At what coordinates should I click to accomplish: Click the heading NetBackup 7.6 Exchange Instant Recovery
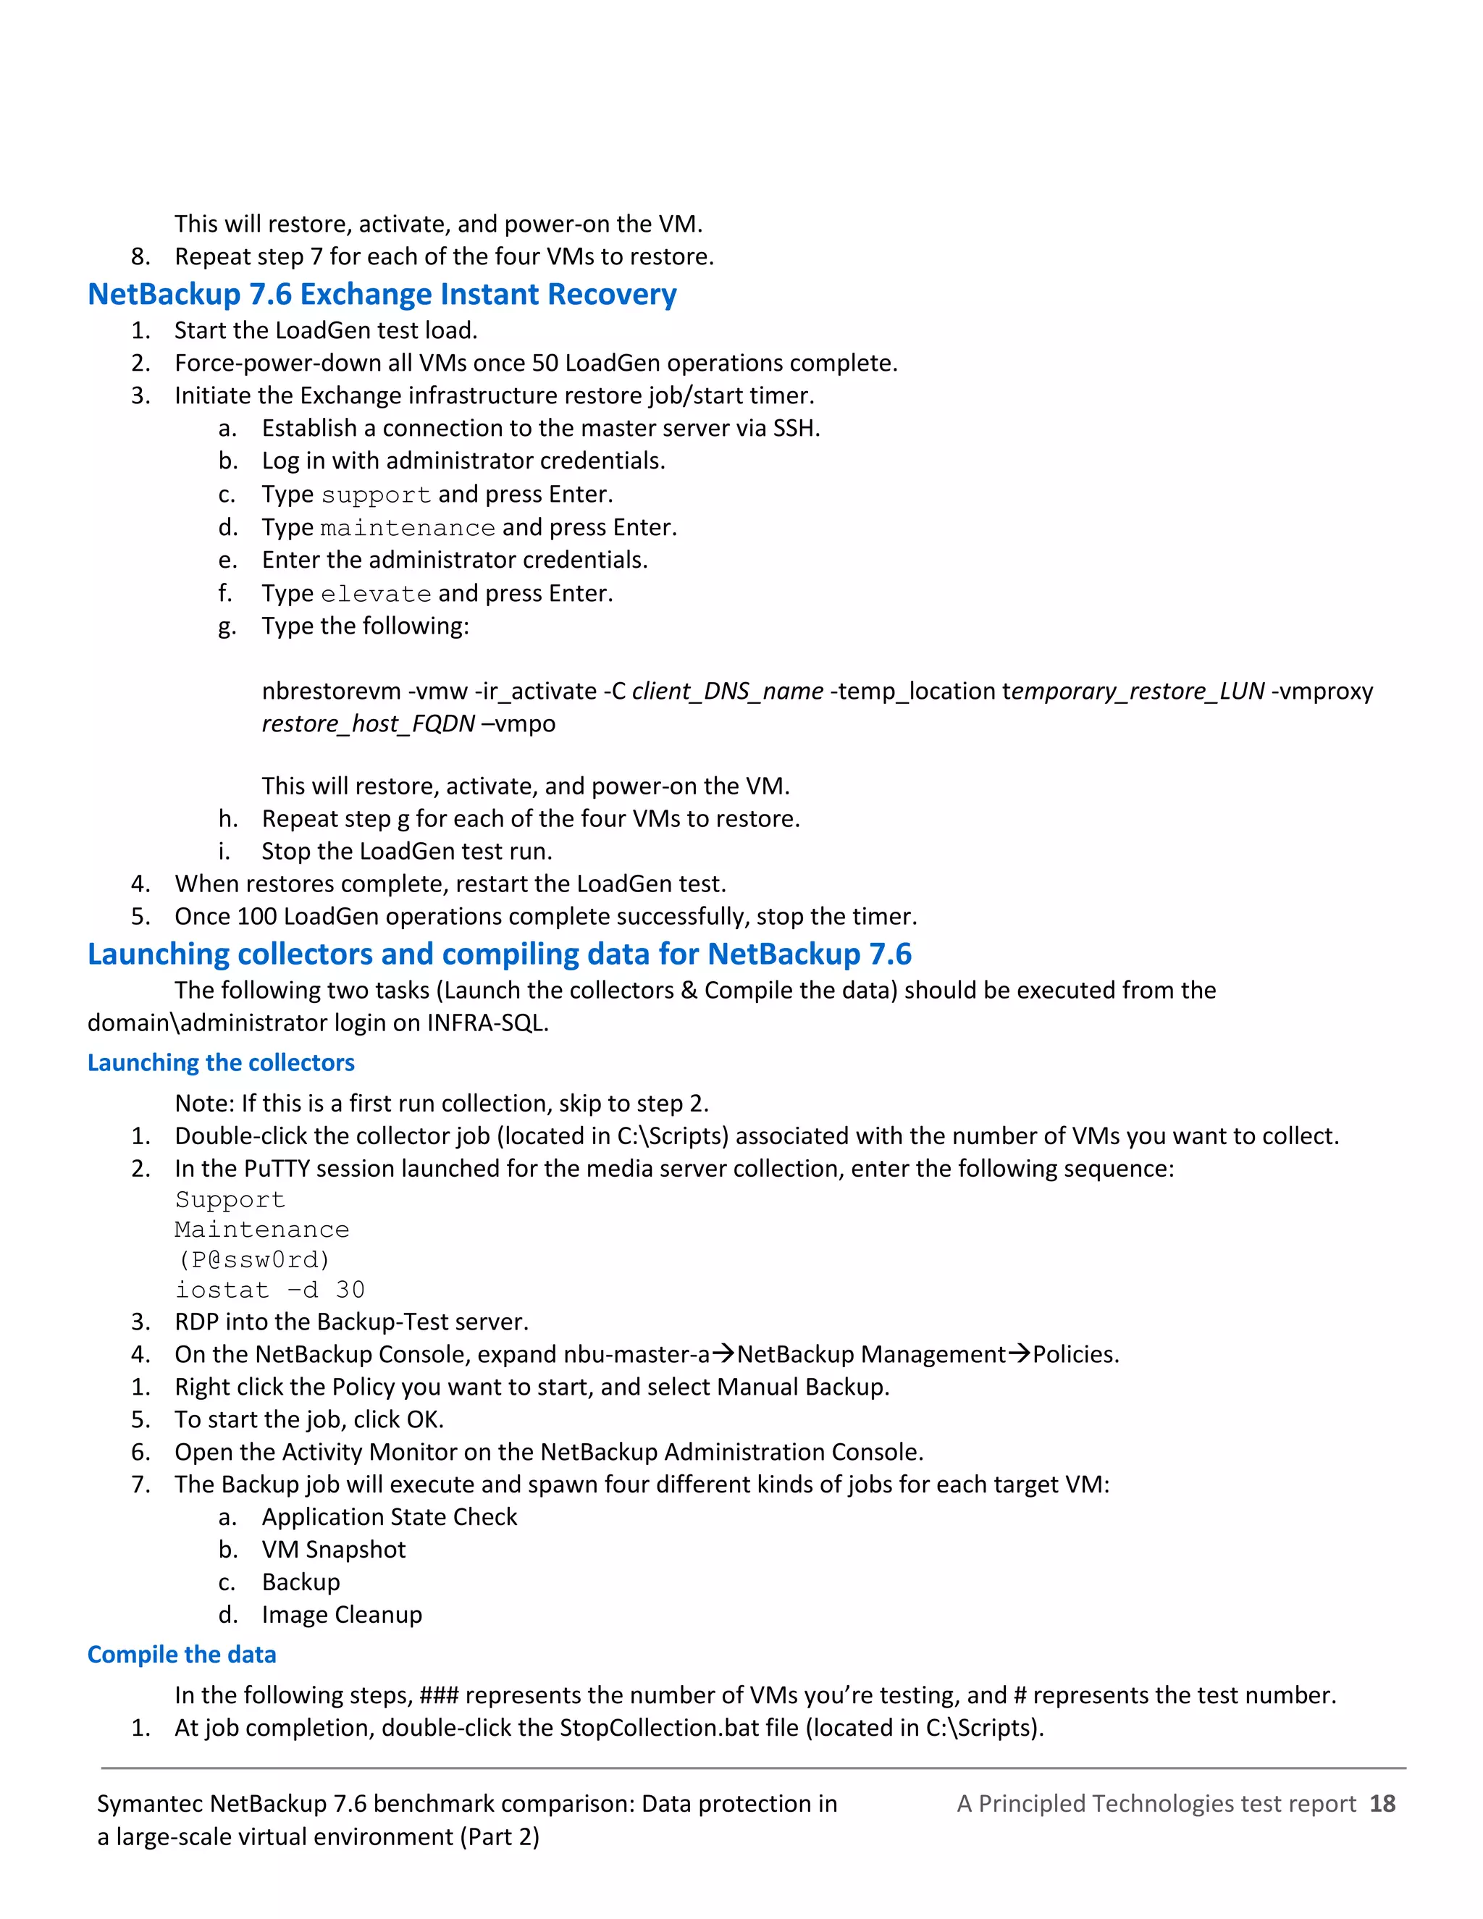[x=382, y=294]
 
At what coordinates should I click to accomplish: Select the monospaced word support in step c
[x=376, y=495]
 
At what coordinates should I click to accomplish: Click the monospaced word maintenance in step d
[x=408, y=528]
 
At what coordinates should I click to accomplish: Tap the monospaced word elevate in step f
[x=376, y=595]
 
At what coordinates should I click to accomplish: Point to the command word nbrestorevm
[x=331, y=692]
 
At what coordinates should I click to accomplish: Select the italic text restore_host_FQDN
[x=368, y=725]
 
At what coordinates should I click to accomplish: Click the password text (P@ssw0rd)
[x=253, y=1260]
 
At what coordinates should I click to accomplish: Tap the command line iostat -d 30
[x=269, y=1290]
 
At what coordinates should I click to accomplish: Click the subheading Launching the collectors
[x=221, y=1063]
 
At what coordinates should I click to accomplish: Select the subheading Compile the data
[x=182, y=1655]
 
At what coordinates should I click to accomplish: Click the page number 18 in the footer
[x=1382, y=1804]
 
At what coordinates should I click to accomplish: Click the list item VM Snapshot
[x=333, y=1550]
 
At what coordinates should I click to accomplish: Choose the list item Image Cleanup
[x=342, y=1615]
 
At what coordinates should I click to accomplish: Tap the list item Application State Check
[x=389, y=1517]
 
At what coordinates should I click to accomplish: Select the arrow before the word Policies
[x=1018, y=1354]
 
